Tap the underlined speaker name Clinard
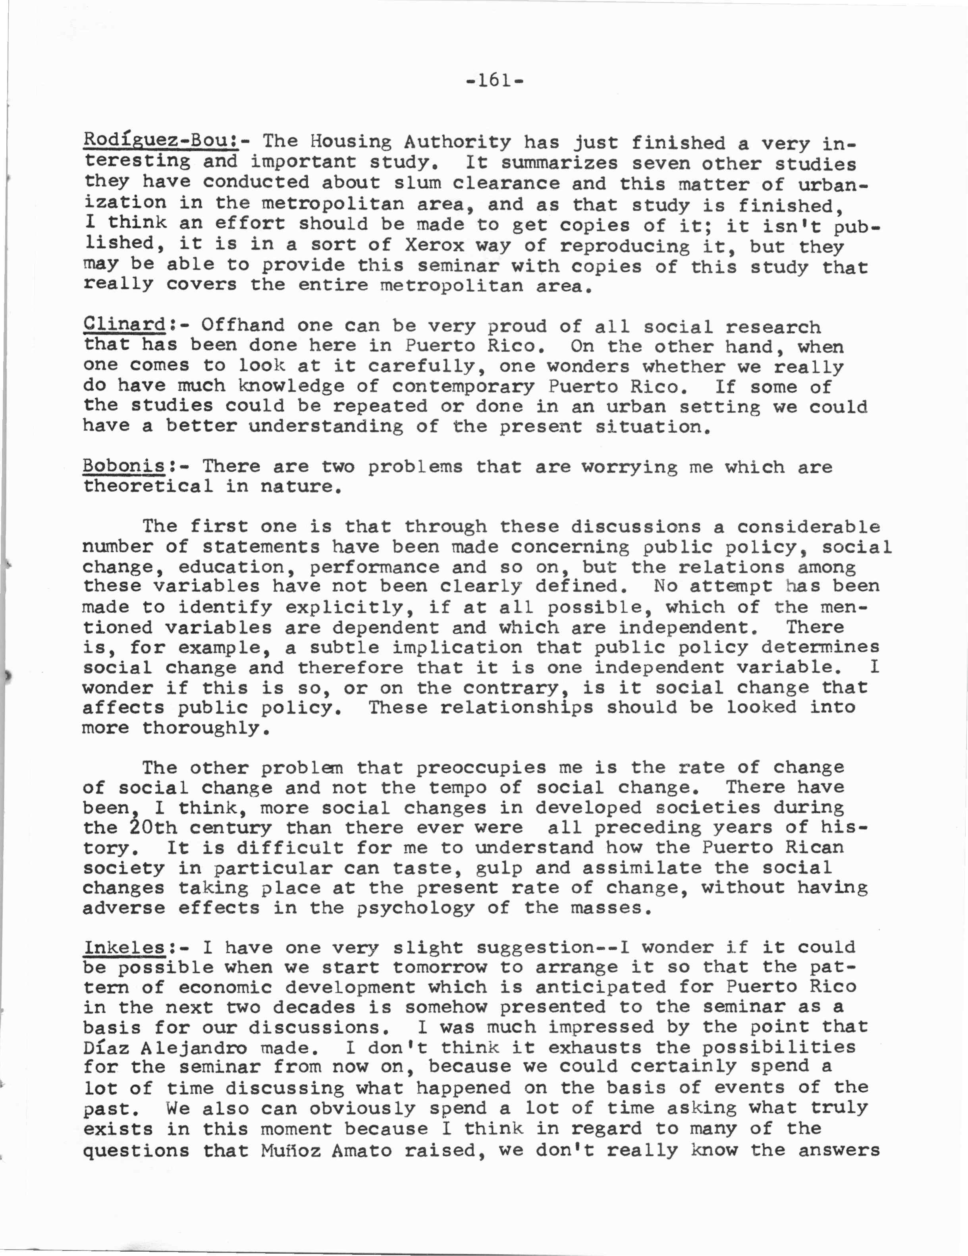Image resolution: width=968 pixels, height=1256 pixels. click(124, 325)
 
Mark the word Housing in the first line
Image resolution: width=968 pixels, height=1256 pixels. click(350, 141)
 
